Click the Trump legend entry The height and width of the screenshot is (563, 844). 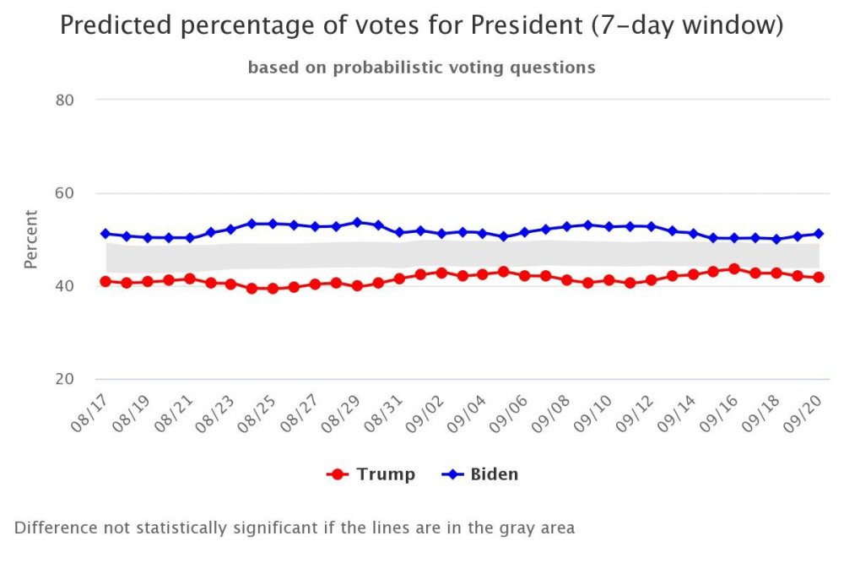(371, 474)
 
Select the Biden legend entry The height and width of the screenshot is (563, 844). (480, 474)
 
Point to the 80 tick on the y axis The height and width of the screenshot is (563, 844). (65, 100)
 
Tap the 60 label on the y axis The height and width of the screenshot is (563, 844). (65, 193)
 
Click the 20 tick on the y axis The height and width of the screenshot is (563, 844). (65, 379)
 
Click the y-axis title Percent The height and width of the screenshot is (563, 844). (30, 239)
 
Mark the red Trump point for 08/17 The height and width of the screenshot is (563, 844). (105, 281)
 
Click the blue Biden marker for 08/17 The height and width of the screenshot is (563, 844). (105, 234)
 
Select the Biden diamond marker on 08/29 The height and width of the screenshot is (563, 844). (357, 223)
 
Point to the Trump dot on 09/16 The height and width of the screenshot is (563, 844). (734, 269)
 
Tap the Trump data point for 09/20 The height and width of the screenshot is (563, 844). (818, 278)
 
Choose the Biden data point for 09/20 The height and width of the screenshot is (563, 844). (818, 234)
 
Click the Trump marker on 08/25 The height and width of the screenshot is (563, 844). (273, 289)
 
